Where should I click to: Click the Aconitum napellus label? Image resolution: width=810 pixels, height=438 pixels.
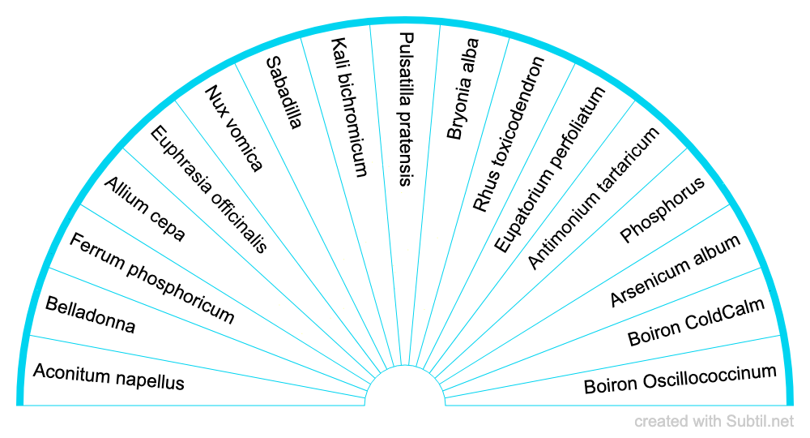[x=109, y=376]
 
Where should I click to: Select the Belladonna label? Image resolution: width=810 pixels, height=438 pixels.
[x=91, y=316]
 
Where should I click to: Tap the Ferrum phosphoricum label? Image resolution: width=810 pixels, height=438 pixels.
[x=151, y=278]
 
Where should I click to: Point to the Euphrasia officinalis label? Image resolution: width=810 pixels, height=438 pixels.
[x=209, y=190]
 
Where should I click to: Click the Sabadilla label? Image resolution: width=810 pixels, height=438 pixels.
[x=284, y=92]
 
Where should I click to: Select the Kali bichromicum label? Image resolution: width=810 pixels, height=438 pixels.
[x=349, y=107]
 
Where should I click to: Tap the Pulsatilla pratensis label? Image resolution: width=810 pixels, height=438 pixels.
[x=406, y=109]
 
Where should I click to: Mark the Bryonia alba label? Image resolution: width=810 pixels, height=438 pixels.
[x=463, y=89]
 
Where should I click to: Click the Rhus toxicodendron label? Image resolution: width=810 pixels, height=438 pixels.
[x=509, y=135]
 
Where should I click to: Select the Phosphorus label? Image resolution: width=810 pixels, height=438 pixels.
[x=663, y=210]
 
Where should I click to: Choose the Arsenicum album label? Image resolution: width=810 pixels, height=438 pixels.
[x=675, y=271]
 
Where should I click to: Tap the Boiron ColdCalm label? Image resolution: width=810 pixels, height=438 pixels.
[x=696, y=323]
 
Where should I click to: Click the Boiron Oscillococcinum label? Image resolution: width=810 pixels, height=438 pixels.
[x=680, y=379]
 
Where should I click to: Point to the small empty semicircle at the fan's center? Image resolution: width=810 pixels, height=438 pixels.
[x=405, y=389]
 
